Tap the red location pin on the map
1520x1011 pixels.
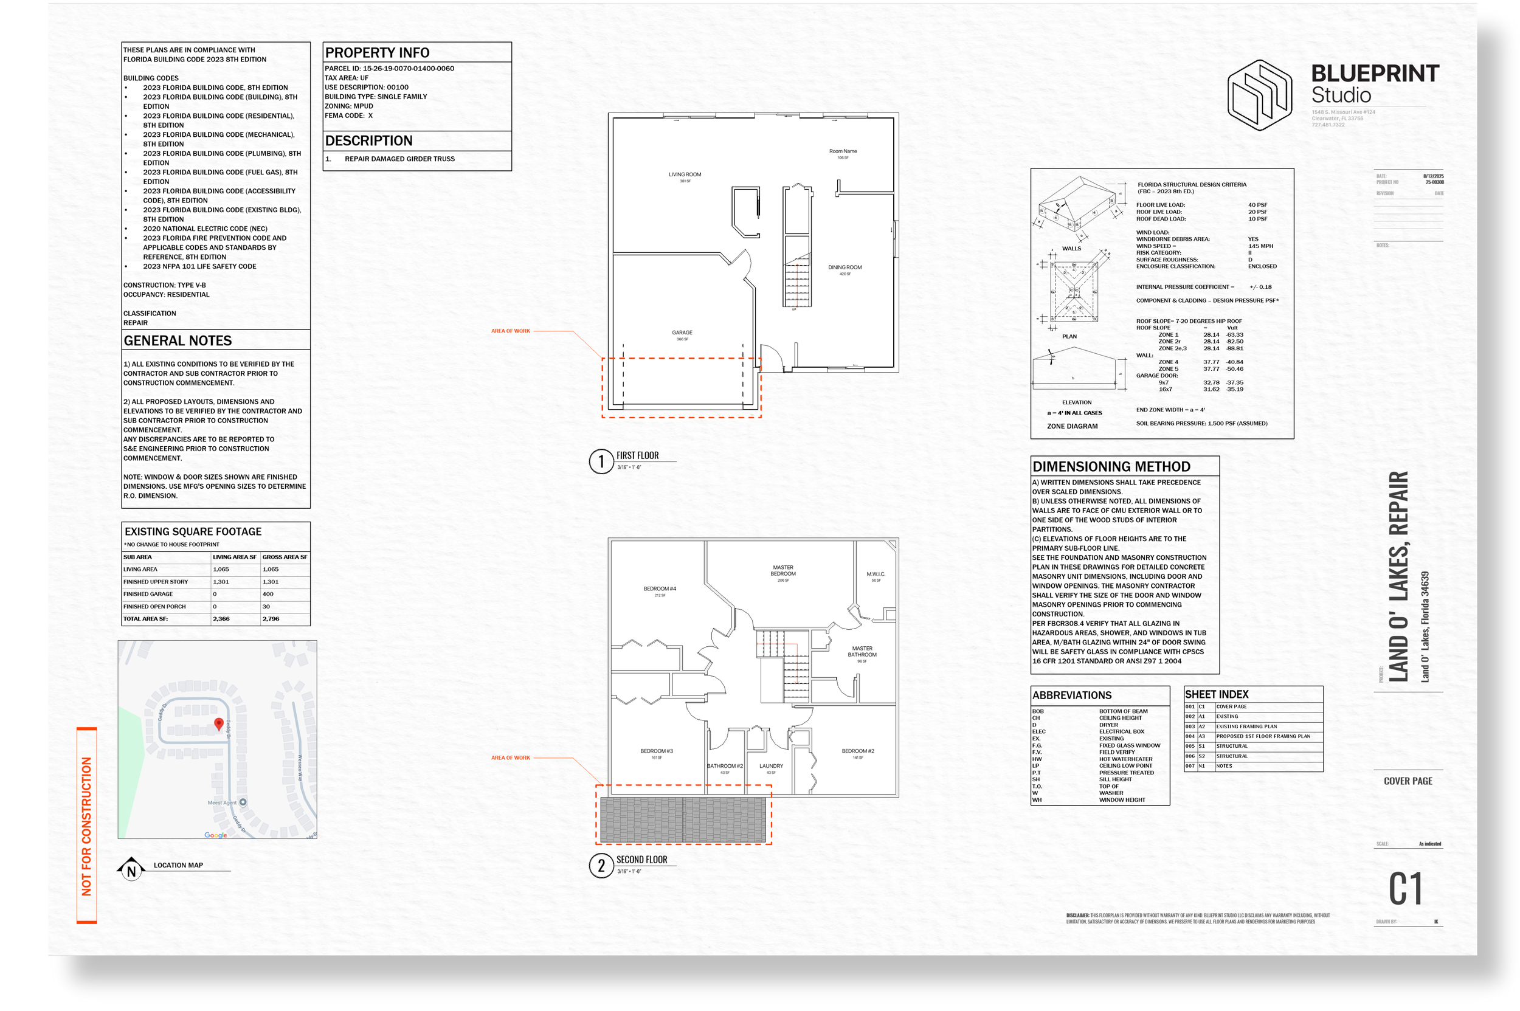219,723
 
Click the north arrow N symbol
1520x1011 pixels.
131,871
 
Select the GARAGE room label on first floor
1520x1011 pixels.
682,333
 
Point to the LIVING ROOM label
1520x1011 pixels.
684,174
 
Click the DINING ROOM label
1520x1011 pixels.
844,267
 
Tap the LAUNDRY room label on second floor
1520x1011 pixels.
771,766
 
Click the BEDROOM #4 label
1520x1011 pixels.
659,588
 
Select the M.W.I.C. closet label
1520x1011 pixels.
875,574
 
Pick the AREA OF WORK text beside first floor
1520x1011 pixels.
510,331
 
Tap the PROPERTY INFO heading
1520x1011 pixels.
376,53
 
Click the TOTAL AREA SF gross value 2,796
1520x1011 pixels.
271,619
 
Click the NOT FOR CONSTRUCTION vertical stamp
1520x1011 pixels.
86,826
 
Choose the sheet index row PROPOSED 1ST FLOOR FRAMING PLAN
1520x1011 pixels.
1262,736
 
